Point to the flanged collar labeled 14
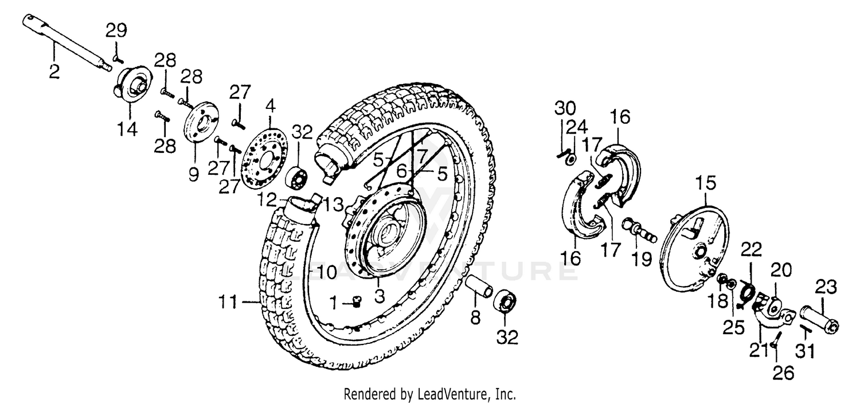click(132, 85)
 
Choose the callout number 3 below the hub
click(379, 297)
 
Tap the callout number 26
click(784, 374)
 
